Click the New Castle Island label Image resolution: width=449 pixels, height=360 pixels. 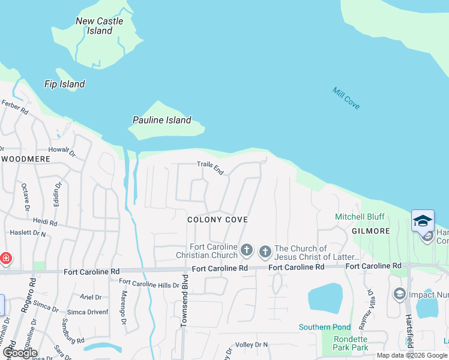(100, 26)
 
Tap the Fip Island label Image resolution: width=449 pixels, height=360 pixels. (64, 85)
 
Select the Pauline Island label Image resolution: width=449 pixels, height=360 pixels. (161, 120)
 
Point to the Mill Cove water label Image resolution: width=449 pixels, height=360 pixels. (346, 98)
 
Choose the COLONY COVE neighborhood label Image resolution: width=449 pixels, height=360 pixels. (217, 220)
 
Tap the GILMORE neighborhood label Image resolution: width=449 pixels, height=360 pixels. (371, 231)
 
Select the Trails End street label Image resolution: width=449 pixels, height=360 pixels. (211, 168)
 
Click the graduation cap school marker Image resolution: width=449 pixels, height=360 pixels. (423, 220)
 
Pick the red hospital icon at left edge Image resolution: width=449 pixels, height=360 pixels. (5, 259)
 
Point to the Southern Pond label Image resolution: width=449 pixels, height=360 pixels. (325, 327)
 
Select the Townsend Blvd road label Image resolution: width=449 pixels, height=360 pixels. (184, 300)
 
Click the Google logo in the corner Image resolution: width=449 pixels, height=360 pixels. (20, 353)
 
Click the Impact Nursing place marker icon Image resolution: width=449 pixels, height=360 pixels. (399, 294)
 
